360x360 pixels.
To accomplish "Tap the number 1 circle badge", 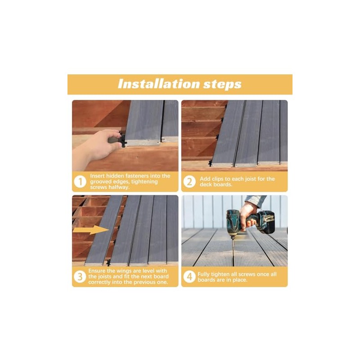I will tap(80, 182).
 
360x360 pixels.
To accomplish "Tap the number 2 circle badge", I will tap(189, 182).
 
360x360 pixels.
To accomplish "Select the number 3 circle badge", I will tap(80, 276).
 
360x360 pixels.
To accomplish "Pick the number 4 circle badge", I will tap(189, 276).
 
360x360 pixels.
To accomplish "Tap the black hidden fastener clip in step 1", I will tap(118, 139).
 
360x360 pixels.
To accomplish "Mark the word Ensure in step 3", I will tap(98, 270).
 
